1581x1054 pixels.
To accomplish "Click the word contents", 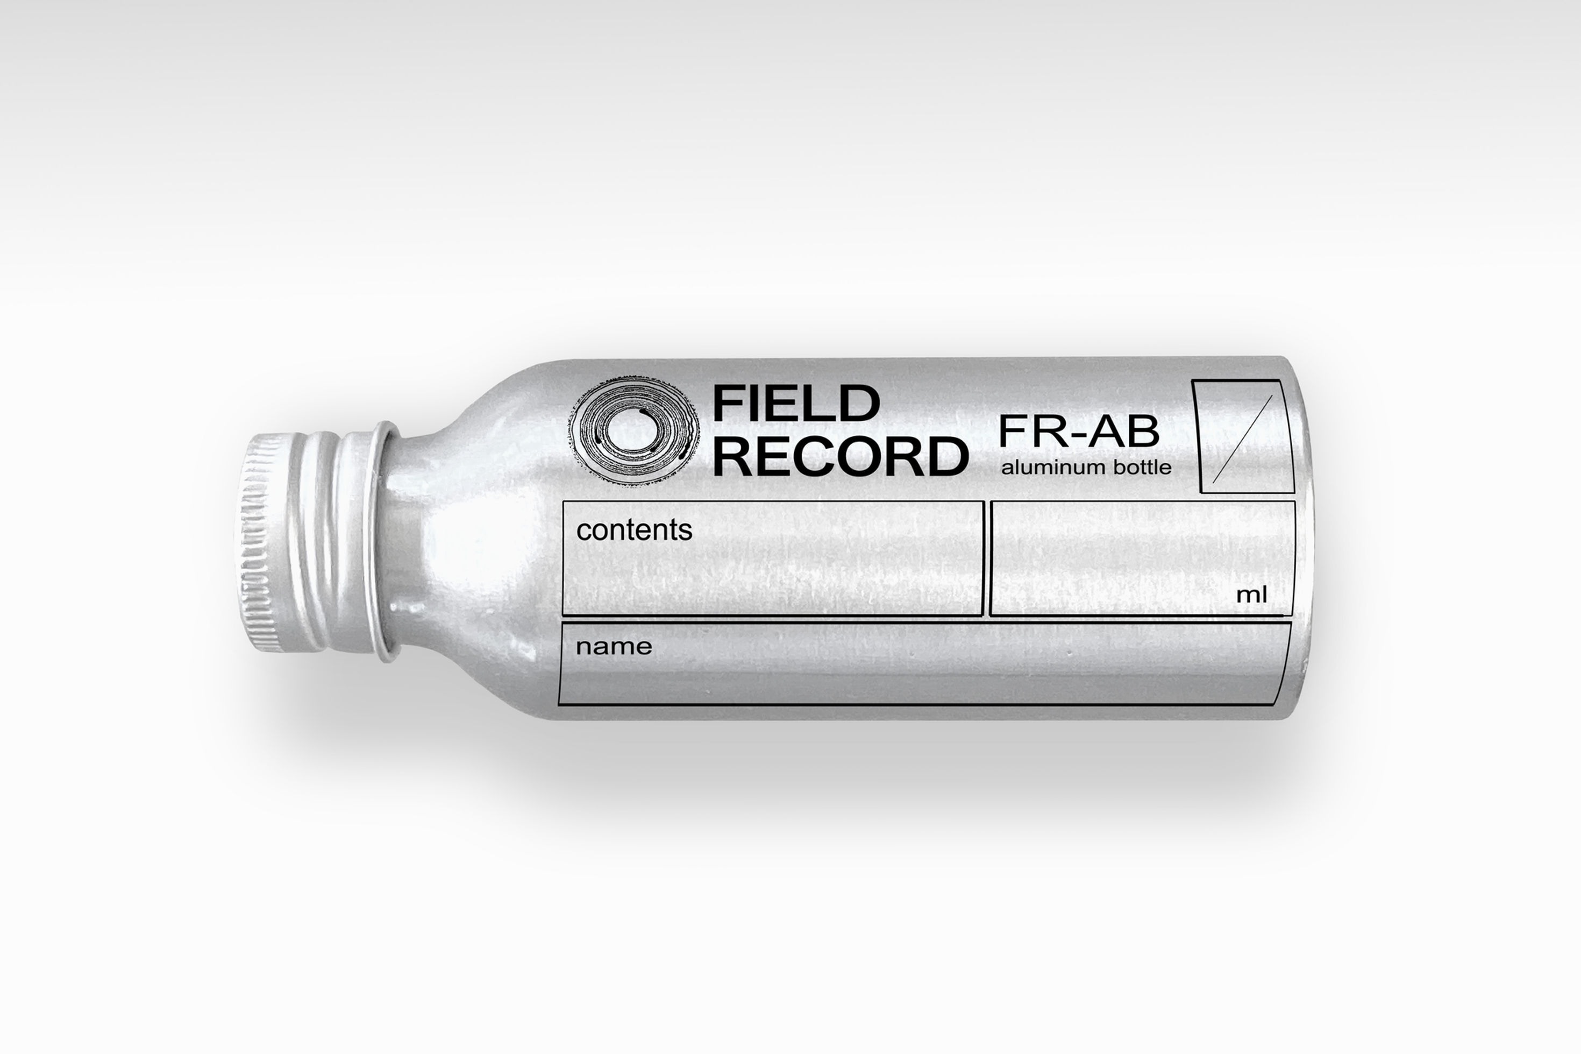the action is click(x=634, y=530).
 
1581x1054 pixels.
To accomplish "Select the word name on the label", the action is click(x=614, y=647).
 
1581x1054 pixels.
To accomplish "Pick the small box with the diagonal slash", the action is click(x=1243, y=437).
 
